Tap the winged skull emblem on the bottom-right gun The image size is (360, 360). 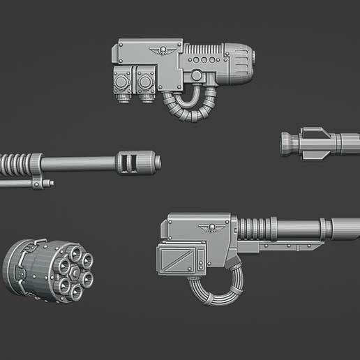coord(208,227)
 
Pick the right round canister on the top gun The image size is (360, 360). coord(146,82)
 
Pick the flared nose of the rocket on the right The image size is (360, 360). coord(287,144)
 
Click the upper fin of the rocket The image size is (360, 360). coord(311,131)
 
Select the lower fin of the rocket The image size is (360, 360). coord(311,156)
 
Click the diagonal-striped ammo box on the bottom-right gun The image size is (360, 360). coord(180,261)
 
